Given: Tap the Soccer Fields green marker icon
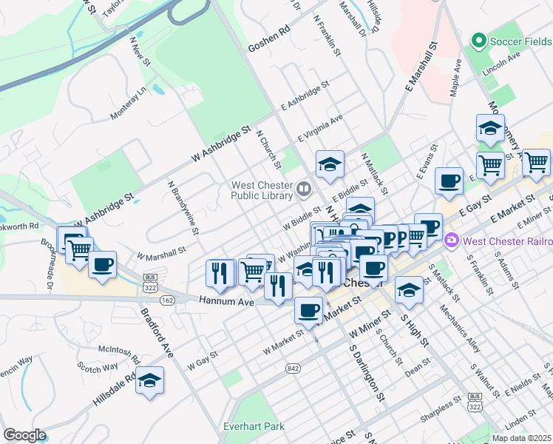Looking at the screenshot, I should (x=479, y=41).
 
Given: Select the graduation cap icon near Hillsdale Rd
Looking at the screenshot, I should (x=150, y=380).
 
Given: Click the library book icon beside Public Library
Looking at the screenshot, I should (x=303, y=190).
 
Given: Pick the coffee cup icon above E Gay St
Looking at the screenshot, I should (x=448, y=181).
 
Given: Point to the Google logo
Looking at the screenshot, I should (x=24, y=435).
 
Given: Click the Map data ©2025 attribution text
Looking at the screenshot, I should (x=522, y=438).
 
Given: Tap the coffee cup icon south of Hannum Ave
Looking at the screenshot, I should (x=308, y=310).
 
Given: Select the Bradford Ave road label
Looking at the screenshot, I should (x=158, y=336).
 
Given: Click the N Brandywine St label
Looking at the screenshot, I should (x=184, y=208).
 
